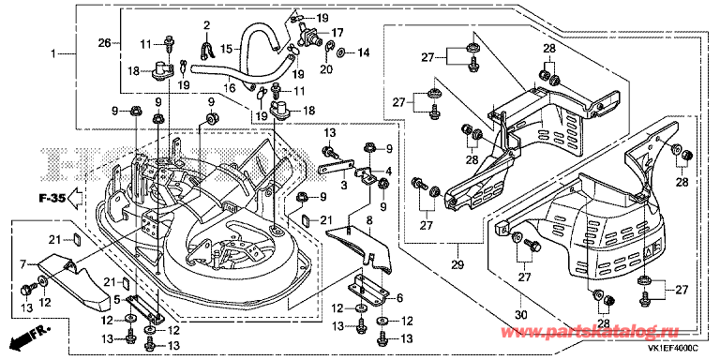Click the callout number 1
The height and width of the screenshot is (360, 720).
52,54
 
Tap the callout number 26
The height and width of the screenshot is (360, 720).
104,44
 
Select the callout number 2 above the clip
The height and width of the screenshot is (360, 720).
206,24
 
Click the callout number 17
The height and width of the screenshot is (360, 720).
337,33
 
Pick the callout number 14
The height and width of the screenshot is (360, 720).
364,52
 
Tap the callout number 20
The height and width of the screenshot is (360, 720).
326,69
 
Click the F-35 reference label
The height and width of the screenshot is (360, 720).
51,200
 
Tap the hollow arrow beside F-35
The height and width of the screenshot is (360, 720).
74,200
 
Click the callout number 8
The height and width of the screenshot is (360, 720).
368,220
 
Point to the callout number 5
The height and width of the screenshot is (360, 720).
117,301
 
